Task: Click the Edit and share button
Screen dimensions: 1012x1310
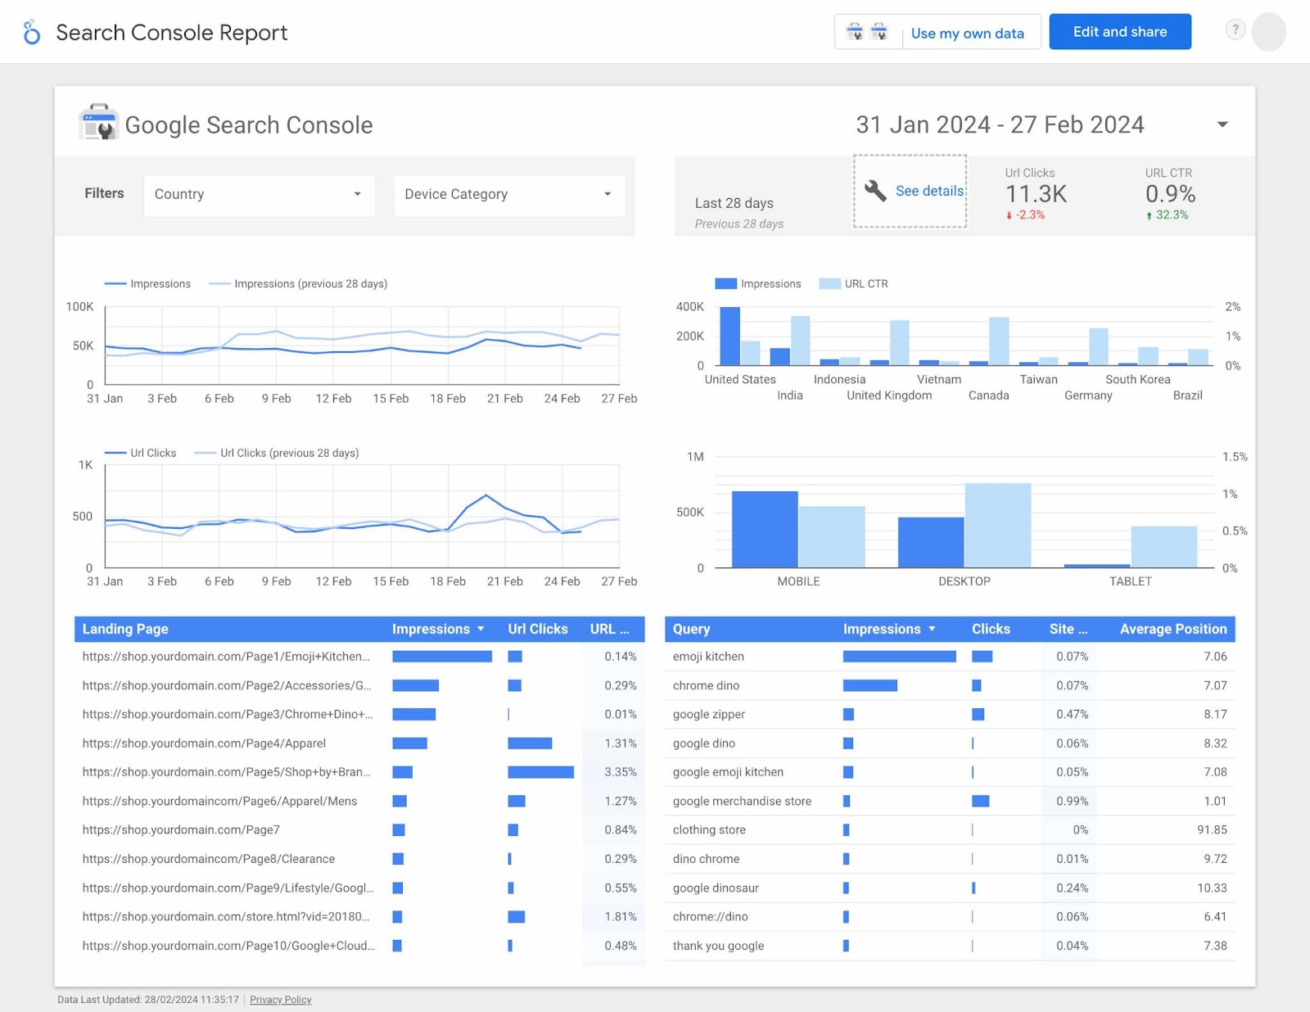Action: point(1119,32)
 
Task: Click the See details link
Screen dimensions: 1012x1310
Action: point(928,191)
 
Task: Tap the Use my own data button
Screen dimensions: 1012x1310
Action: point(967,34)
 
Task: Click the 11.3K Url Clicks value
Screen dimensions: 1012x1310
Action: point(1036,194)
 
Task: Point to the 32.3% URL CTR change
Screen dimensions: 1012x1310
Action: point(1171,215)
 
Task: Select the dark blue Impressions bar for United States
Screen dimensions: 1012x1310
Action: point(730,336)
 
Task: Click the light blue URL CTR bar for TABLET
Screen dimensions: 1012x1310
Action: point(1163,546)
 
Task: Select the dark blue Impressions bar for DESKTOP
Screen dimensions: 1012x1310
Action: point(930,542)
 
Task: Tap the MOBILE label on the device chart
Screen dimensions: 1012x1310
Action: point(798,581)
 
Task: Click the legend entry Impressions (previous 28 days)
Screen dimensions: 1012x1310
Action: point(310,284)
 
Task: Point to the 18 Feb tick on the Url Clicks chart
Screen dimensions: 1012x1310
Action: point(448,581)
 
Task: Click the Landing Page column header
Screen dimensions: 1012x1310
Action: point(125,629)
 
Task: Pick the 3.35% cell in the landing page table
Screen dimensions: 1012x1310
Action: point(620,772)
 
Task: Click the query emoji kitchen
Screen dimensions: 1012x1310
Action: point(708,657)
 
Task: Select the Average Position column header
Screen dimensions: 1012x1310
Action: point(1172,629)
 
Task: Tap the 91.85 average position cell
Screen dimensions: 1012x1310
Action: point(1211,830)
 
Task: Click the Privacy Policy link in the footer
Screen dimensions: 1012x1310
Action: point(280,1000)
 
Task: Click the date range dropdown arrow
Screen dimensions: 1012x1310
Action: point(1222,124)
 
